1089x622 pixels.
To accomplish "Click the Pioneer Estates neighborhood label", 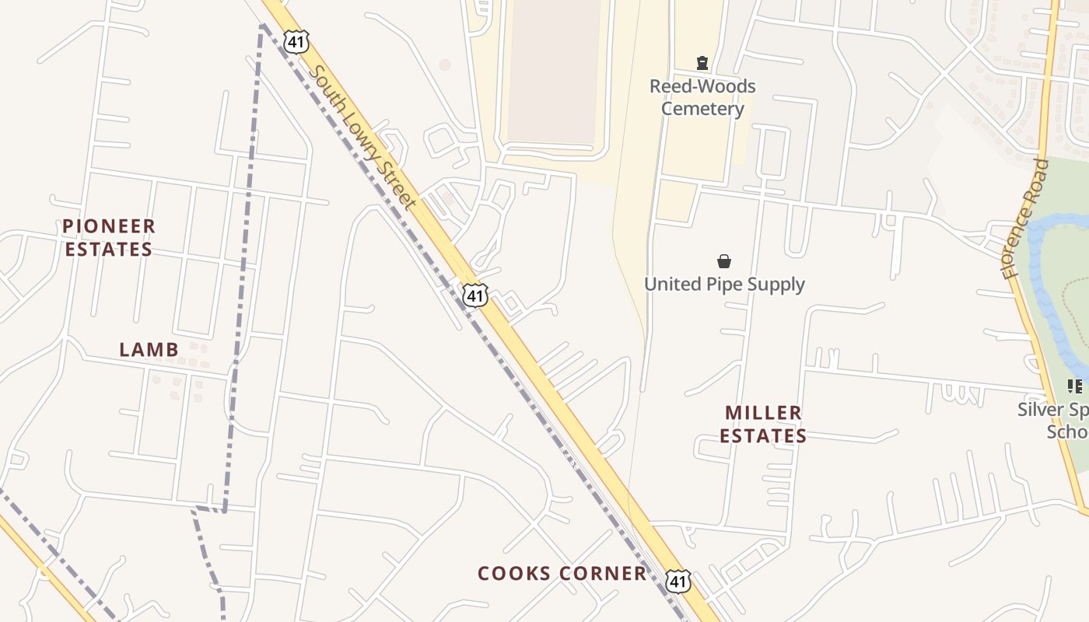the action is coord(108,238).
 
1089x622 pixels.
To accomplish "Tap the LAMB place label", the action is coord(149,350).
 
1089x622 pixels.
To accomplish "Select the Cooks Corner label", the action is coord(562,574).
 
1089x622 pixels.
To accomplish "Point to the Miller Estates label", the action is coord(762,424).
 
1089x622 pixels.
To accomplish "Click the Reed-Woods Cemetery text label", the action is coord(702,97).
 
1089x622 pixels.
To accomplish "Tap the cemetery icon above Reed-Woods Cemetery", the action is coord(702,63).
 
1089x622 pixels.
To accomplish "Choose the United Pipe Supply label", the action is coord(724,285).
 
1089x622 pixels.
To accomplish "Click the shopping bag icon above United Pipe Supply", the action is coord(724,261).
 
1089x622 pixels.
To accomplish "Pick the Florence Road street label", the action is coord(1025,218).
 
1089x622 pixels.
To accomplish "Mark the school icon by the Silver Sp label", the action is coord(1075,386).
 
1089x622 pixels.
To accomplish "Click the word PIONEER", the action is coord(109,226).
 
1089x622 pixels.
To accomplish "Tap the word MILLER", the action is coord(763,412).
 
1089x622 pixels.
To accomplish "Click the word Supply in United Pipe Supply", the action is coord(774,285).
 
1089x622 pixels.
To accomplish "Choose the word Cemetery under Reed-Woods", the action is coord(702,109).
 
